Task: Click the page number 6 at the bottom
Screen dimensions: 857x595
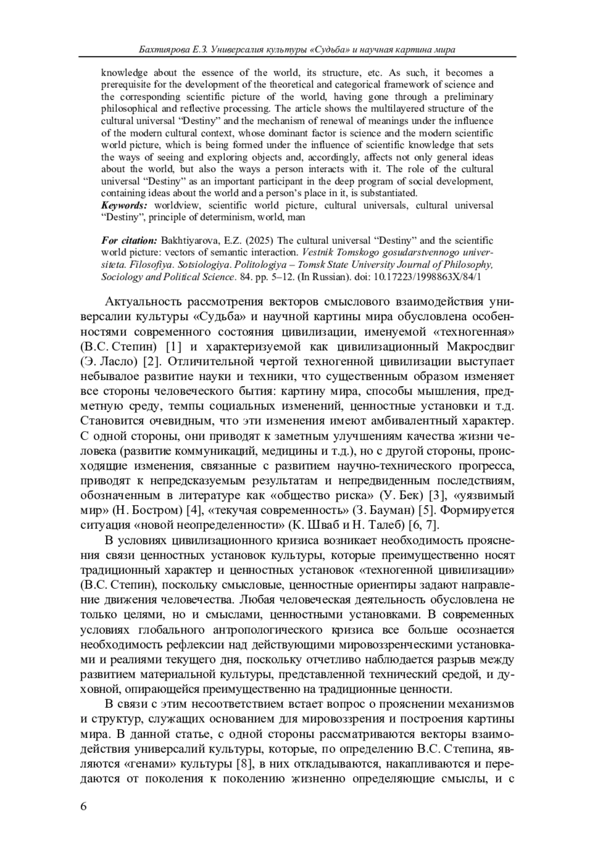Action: coord(83,806)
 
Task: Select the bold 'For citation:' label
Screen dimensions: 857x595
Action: coord(129,241)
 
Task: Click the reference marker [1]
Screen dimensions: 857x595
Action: coord(175,346)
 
